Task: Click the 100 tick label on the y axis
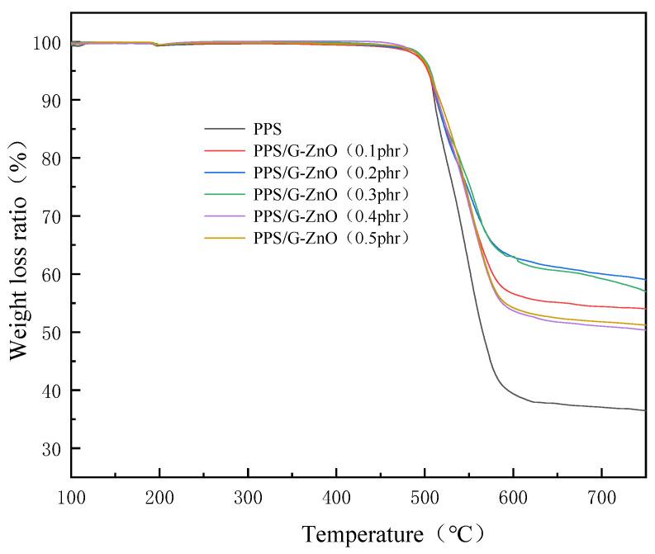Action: click(46, 43)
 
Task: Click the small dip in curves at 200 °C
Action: click(159, 45)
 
